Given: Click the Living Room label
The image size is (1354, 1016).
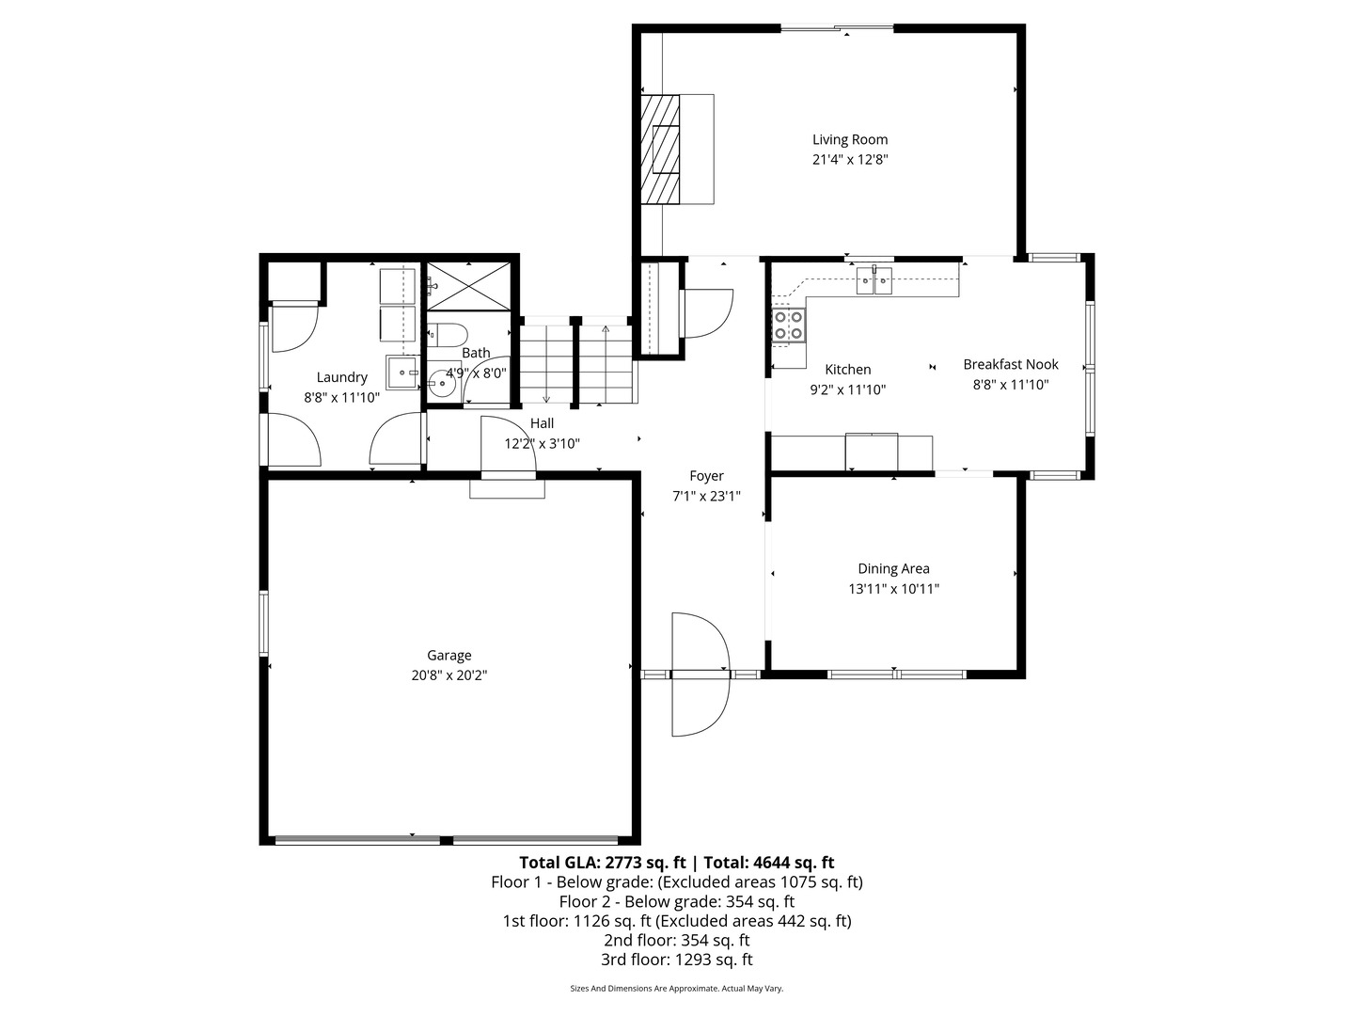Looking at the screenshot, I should [849, 139].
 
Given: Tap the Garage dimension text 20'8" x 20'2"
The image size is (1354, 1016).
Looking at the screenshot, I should [449, 675].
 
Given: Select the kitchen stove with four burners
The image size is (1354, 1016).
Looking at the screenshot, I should [788, 325].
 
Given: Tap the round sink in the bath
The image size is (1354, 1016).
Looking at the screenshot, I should [439, 382].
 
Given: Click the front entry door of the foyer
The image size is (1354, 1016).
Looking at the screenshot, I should [701, 674].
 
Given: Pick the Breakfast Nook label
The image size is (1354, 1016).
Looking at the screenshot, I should [1010, 364].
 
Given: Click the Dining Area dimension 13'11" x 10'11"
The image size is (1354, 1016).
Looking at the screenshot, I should [893, 590].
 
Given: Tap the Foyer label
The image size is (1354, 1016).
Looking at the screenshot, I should [706, 476].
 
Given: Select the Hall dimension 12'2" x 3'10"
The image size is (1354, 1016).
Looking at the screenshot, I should [542, 444].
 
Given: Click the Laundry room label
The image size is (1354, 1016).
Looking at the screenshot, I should [341, 377].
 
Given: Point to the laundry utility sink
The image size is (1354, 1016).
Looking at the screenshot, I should [403, 372].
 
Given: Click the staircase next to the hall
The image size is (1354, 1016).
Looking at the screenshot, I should [575, 362].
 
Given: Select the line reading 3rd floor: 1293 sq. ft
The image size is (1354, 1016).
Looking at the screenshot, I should [676, 960].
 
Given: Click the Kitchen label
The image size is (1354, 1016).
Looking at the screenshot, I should [847, 370].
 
